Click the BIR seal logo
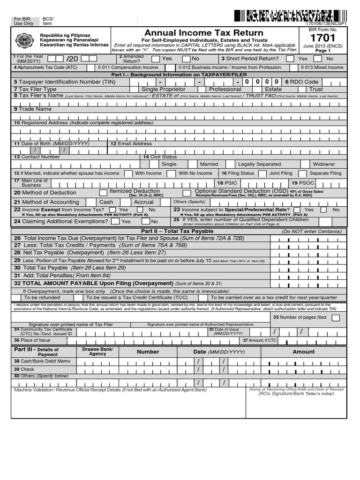[x=24, y=41]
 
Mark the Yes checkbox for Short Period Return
[x=290, y=59]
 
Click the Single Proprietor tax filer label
[x=163, y=89]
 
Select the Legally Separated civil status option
[x=259, y=164]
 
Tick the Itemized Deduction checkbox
[x=103, y=193]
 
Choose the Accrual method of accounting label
[x=144, y=202]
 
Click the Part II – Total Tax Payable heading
[x=177, y=231]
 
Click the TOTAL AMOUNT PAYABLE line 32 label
[x=94, y=284]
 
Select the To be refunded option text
[x=42, y=297]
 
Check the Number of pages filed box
[x=336, y=318]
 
